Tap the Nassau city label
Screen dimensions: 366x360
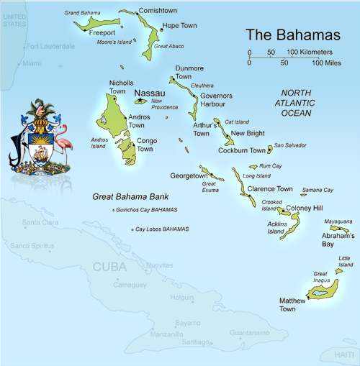pos(150,93)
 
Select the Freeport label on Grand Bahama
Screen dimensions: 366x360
pos(102,32)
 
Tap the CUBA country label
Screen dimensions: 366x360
pos(109,267)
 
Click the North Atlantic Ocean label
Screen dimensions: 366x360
pos(296,103)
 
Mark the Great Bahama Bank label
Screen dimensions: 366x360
pos(130,196)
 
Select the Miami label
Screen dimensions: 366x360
pos(32,63)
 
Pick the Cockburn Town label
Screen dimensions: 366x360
pos(242,150)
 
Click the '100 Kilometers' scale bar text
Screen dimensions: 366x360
pos(310,52)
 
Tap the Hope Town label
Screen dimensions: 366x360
pos(179,26)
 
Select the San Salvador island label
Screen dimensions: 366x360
pos(290,145)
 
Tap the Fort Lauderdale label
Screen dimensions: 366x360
pos(50,47)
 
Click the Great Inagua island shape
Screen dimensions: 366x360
pos(320,290)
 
